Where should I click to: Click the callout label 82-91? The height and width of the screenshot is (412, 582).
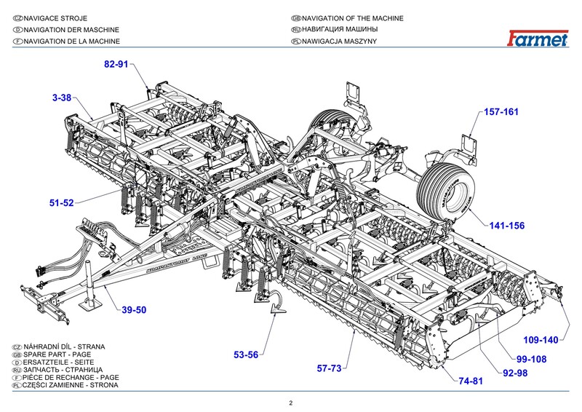coord(116,65)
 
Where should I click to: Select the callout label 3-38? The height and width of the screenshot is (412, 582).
coord(61,98)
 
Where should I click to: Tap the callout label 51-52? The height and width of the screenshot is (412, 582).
coord(62,204)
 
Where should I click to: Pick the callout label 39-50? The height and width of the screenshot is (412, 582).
coord(134,310)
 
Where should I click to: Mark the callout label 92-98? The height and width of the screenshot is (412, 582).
coord(514,373)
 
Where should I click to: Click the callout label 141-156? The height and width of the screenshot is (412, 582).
coord(506,226)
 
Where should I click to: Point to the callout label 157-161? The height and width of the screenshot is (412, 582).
coord(503,112)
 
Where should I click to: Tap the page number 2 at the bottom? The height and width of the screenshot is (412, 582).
coord(290,403)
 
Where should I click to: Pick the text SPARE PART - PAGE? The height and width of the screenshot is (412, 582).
coord(52,352)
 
